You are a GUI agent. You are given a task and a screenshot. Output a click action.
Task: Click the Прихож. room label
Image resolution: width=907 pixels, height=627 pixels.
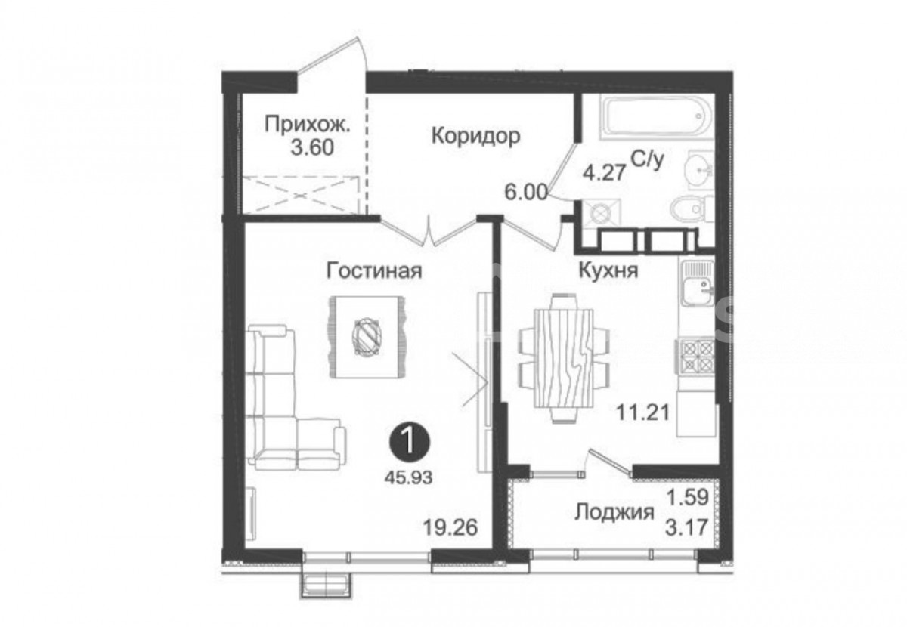307,124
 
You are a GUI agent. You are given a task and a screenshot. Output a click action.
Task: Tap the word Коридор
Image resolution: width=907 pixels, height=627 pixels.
475,136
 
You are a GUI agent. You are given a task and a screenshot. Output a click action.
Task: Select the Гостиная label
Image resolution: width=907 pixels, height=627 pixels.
374,270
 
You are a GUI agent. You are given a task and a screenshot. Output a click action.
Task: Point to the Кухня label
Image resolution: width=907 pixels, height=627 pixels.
608,270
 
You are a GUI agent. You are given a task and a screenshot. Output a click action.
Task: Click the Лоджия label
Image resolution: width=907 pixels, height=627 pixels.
614,514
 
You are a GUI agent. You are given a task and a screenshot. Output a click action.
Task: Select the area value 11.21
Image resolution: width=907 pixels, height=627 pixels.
642,413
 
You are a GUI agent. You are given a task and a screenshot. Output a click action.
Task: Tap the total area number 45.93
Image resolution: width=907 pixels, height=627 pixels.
409,478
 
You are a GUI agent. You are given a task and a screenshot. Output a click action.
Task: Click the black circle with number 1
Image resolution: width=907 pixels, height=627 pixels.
409,443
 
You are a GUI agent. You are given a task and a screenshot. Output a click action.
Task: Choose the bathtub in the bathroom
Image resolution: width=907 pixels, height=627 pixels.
657,117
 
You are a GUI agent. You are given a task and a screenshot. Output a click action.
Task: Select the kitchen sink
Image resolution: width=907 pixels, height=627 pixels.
697,284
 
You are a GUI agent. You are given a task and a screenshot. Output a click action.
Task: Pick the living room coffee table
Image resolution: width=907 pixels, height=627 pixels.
367,337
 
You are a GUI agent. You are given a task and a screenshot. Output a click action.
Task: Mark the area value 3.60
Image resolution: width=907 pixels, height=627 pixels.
312,148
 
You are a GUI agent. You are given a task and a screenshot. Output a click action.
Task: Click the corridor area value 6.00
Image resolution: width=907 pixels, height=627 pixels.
526,193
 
